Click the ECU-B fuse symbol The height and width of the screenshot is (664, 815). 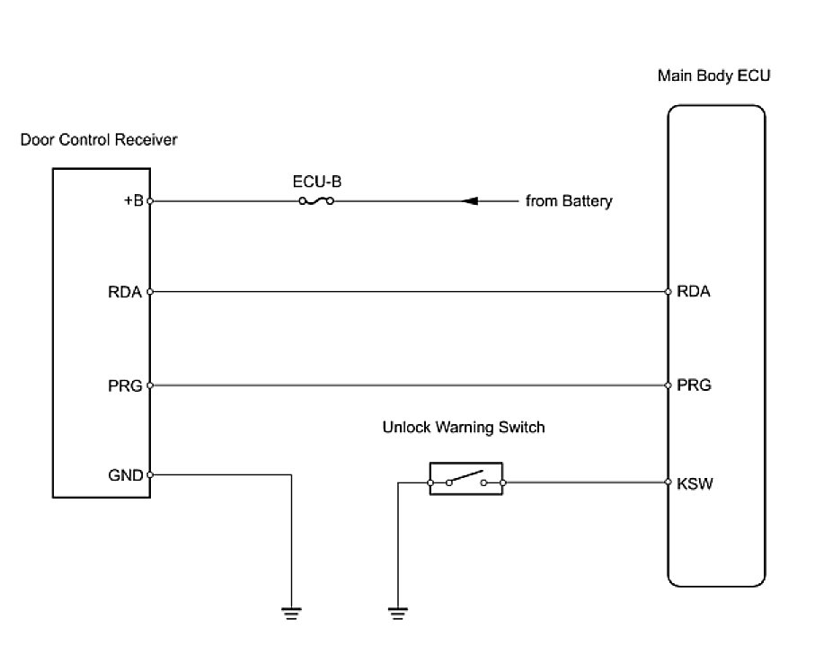click(316, 201)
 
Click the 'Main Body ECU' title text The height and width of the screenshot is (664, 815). click(714, 75)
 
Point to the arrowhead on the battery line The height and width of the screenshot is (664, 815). click(469, 201)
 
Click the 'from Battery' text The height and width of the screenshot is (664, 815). click(569, 201)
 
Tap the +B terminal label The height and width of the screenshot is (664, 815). click(132, 200)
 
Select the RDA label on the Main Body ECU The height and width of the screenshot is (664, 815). click(693, 291)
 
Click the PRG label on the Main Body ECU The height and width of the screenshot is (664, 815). click(693, 385)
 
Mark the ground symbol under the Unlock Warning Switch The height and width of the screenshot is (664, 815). click(396, 614)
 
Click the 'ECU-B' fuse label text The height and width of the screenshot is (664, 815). click(316, 181)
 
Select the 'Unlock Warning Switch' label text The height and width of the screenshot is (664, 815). click(464, 428)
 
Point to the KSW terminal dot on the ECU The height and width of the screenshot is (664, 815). click(669, 483)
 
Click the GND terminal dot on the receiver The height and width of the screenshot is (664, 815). click(149, 474)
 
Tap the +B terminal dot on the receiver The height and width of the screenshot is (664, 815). click(149, 201)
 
